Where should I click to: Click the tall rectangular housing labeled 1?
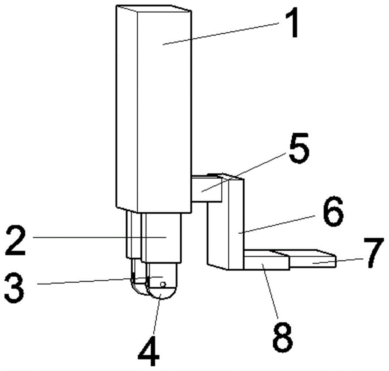[156, 117]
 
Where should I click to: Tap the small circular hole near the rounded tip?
[163, 285]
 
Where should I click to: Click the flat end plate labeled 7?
[312, 260]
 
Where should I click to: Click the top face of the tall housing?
[156, 9]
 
